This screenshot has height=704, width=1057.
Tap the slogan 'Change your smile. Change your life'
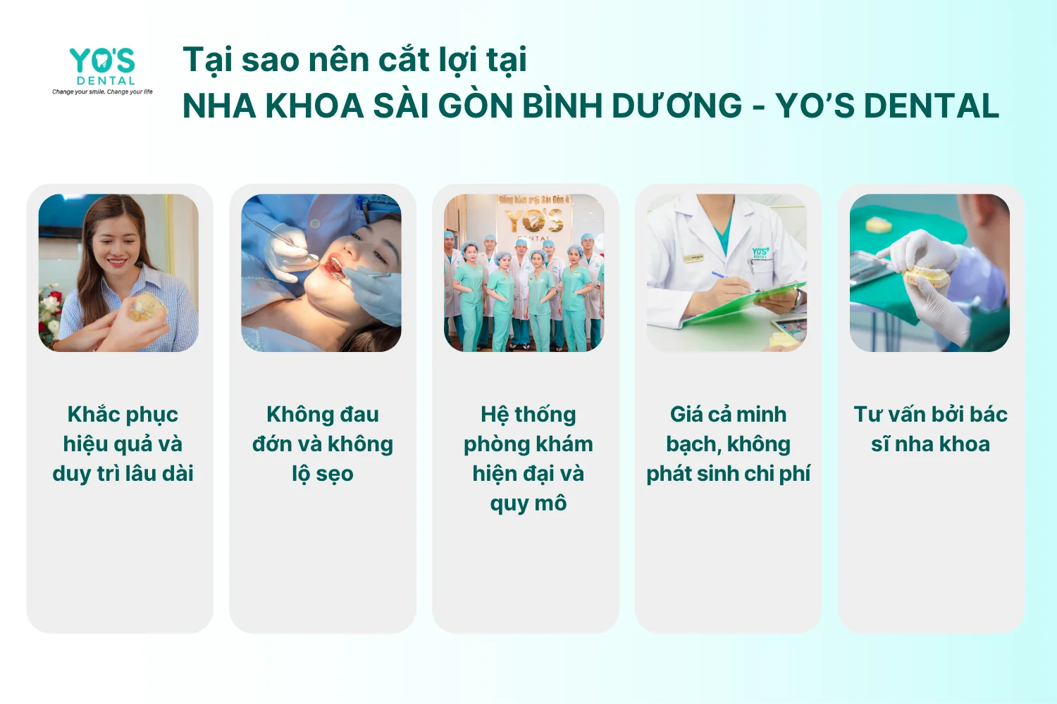[x=102, y=92]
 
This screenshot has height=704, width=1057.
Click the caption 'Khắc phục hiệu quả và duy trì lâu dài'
[x=123, y=444]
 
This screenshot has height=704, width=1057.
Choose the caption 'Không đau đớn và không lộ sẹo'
[x=323, y=444]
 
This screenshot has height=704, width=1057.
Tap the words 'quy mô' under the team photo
[x=528, y=504]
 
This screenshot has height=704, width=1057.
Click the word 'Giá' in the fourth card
[x=684, y=415]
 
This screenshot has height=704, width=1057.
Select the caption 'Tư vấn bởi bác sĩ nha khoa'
[x=931, y=429]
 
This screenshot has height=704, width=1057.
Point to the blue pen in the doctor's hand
[x=729, y=279]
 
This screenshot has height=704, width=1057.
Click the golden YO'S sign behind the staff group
[x=533, y=221]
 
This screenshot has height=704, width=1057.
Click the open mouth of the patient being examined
[x=333, y=266]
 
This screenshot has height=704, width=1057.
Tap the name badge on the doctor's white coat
[x=694, y=258]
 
